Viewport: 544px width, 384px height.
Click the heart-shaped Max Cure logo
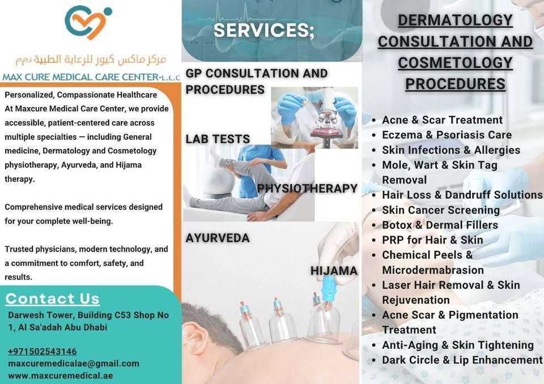[88, 22]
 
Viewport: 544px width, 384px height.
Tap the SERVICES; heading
[264, 30]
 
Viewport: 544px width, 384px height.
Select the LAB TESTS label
[218, 139]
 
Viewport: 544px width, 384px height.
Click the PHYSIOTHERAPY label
[307, 189]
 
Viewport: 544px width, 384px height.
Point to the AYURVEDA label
[218, 238]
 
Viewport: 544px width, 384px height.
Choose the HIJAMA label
[334, 271]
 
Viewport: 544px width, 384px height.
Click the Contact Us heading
[52, 298]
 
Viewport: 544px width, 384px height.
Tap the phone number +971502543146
[42, 351]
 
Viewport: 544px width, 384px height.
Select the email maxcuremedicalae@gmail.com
[74, 364]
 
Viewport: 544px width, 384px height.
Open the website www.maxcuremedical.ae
[61, 376]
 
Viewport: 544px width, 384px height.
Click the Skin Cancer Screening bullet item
[441, 210]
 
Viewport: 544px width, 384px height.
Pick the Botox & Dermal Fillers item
[440, 225]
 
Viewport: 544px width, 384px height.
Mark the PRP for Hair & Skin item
[432, 240]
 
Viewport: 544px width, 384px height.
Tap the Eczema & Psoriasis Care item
[447, 135]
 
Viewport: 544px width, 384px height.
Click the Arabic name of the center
[91, 59]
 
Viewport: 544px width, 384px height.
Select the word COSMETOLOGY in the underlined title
[455, 63]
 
